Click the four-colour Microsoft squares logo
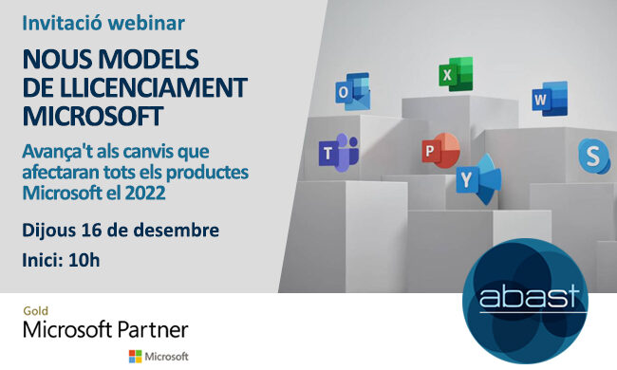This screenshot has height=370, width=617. tap(136, 356)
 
